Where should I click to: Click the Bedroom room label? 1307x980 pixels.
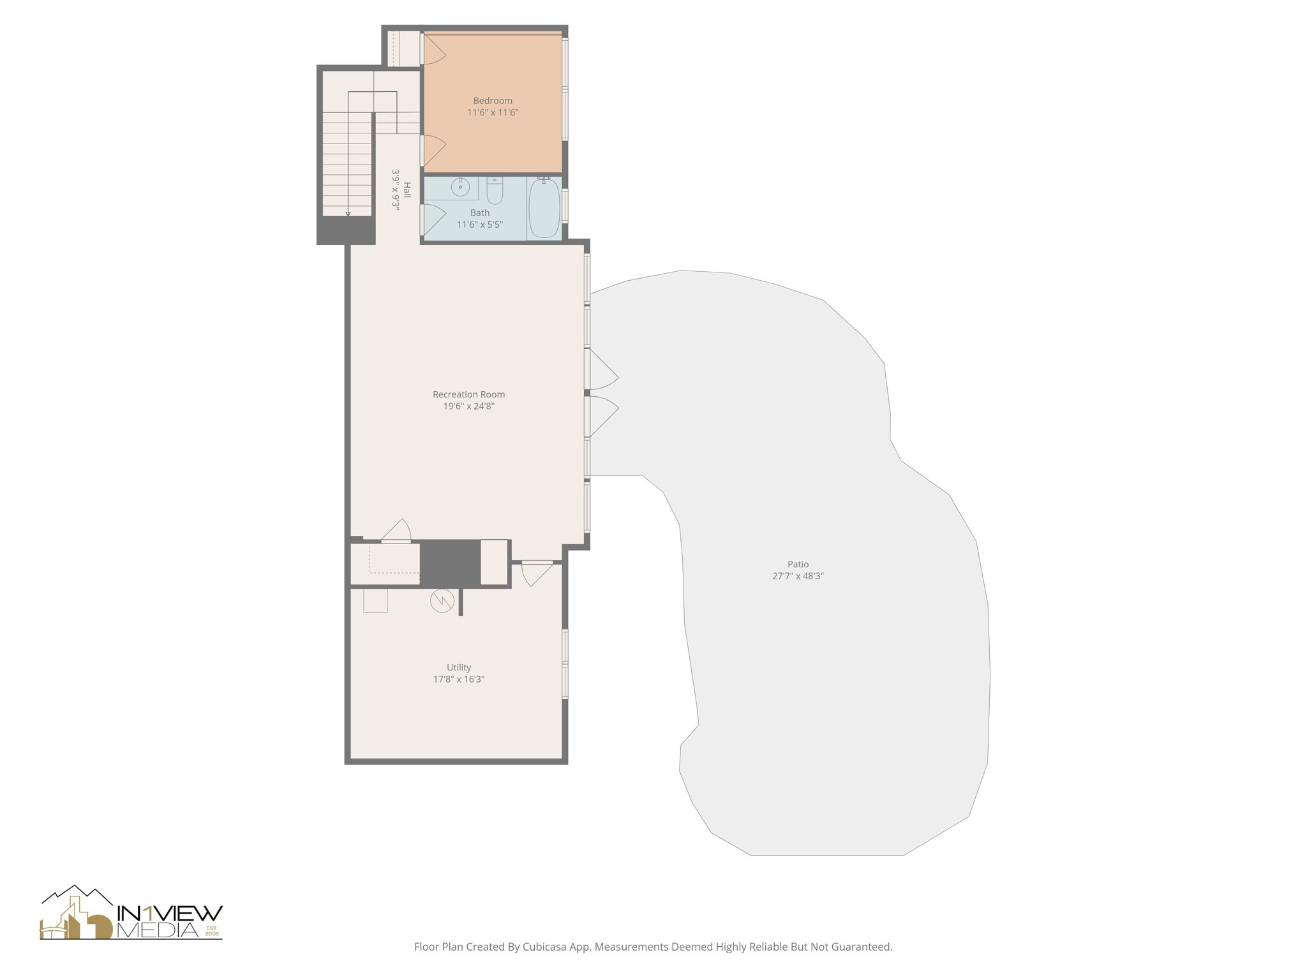pos(493,101)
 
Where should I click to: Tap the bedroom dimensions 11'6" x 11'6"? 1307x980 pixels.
pos(493,113)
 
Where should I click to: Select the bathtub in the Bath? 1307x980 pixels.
pos(544,208)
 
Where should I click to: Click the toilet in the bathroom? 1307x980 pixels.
pos(495,189)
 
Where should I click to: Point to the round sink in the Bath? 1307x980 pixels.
pos(460,188)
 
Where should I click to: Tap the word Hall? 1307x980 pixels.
pos(407,189)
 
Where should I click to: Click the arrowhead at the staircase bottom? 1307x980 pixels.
pos(348,214)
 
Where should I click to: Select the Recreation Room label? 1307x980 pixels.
pos(468,394)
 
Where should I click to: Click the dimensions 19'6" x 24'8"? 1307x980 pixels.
pos(468,406)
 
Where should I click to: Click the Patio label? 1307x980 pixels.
pos(798,564)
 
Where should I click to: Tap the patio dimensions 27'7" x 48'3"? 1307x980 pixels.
pos(798,576)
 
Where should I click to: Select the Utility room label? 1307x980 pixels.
pos(459,667)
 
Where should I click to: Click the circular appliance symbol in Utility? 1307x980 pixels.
pos(442,600)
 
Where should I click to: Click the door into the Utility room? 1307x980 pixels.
pos(536,572)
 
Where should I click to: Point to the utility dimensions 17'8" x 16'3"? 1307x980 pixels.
pos(459,679)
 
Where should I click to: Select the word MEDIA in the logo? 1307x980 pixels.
pos(160,931)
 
